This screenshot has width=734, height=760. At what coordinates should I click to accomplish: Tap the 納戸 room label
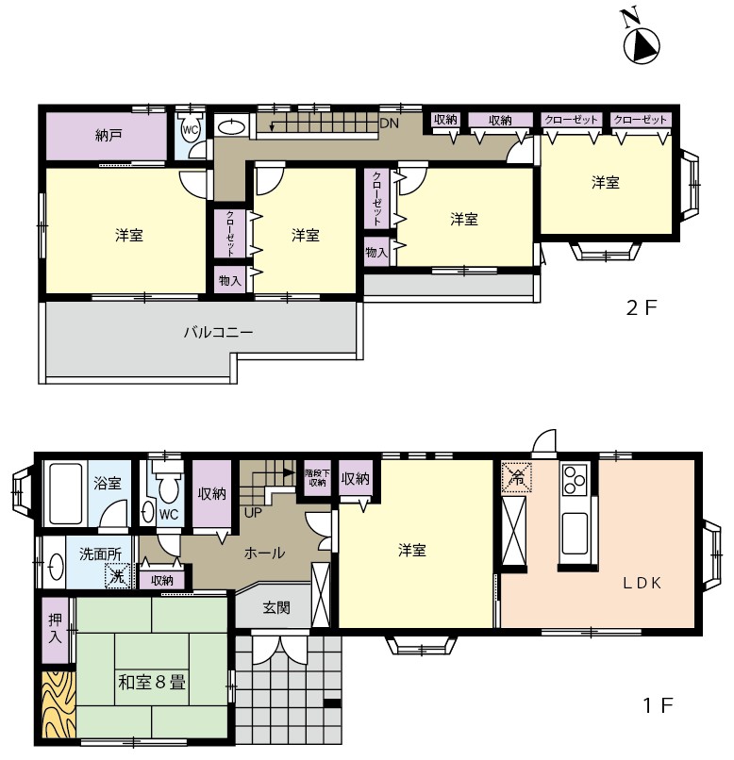[x=108, y=135]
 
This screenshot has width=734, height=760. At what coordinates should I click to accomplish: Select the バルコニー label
[x=218, y=333]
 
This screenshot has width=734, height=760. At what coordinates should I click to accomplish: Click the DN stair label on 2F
[x=389, y=124]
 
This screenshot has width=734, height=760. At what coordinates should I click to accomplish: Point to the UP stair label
[x=253, y=512]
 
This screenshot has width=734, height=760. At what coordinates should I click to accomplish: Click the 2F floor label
[x=641, y=307]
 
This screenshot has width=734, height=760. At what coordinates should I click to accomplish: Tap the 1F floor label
[x=658, y=705]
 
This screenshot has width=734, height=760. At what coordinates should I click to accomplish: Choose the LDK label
[x=642, y=583]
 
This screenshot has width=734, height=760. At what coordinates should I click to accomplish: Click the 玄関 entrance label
[x=276, y=607]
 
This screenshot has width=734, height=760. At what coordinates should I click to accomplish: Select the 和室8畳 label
[x=152, y=682]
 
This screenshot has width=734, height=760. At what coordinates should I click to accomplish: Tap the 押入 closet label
[x=56, y=629]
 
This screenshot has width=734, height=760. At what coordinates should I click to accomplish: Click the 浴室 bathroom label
[x=108, y=483]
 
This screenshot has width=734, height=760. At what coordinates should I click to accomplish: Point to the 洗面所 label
[x=100, y=553]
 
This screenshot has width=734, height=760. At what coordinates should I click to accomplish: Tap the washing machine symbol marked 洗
[x=118, y=576]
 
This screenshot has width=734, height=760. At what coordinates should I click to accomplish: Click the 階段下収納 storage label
[x=318, y=477]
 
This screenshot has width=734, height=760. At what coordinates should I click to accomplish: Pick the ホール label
[x=264, y=553]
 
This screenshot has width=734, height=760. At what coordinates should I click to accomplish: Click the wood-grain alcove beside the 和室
[x=58, y=704]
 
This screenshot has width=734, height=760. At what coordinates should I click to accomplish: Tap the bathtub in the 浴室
[x=65, y=494]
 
